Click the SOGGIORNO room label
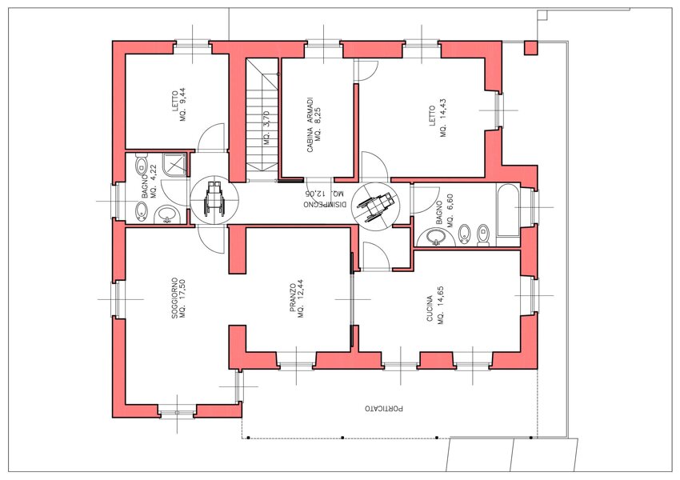tap(174, 298)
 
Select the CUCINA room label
tap(430, 308)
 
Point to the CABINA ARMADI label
tap(310, 125)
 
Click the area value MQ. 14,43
tap(443, 118)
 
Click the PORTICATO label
tap(384, 409)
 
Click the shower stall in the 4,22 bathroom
tap(175, 164)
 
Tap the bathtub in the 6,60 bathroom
tap(508, 210)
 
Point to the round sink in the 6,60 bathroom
tap(434, 237)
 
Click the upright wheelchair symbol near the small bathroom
tap(214, 200)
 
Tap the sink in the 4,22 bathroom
tap(168, 214)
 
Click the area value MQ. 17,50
tap(182, 298)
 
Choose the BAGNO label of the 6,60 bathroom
tap(439, 213)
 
